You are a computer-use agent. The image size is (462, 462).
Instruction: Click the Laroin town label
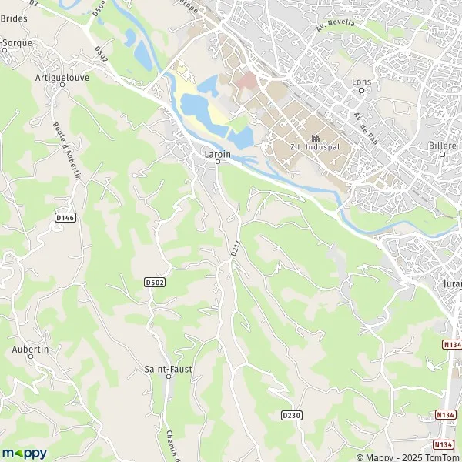218,153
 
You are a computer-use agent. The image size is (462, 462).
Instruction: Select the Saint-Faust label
169,369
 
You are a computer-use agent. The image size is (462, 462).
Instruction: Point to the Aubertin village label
31,349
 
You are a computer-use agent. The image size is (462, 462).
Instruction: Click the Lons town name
360,81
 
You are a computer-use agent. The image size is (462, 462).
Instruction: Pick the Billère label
443,145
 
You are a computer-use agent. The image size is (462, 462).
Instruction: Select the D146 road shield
66,218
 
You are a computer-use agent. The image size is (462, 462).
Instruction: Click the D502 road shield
155,283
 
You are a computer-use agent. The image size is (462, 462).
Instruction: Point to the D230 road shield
290,415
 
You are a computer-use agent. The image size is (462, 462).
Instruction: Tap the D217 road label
234,249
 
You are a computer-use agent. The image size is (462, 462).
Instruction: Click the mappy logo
24,453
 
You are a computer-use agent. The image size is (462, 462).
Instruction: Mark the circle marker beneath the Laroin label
218,162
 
